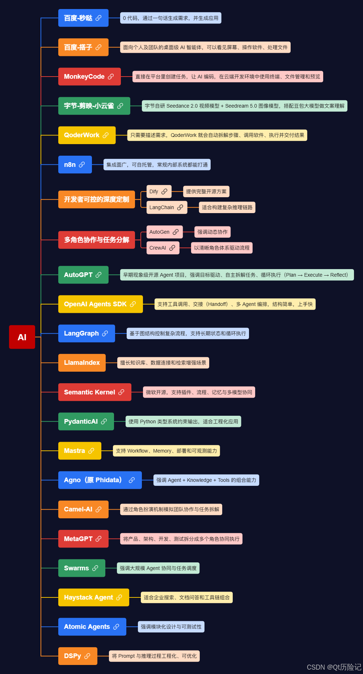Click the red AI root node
tap(22, 337)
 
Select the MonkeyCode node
tap(89, 77)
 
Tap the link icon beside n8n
tap(82, 165)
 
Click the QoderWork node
tap(87, 135)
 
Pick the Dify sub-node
tap(159, 191)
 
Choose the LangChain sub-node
tap(167, 207)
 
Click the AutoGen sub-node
tap(165, 232)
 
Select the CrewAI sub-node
tap(163, 248)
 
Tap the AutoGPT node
tap(83, 275)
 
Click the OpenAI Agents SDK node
tap(101, 304)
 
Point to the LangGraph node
tap(86, 333)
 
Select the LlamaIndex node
tap(82, 363)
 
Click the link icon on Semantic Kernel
tap(121, 392)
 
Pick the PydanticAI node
tap(86, 422)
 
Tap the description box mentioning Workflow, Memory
tap(166, 451)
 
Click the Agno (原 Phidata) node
tap(100, 480)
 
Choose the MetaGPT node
tap(83, 539)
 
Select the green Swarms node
tap(82, 568)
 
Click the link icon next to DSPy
tap(87, 656)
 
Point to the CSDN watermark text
tap(334, 667)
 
